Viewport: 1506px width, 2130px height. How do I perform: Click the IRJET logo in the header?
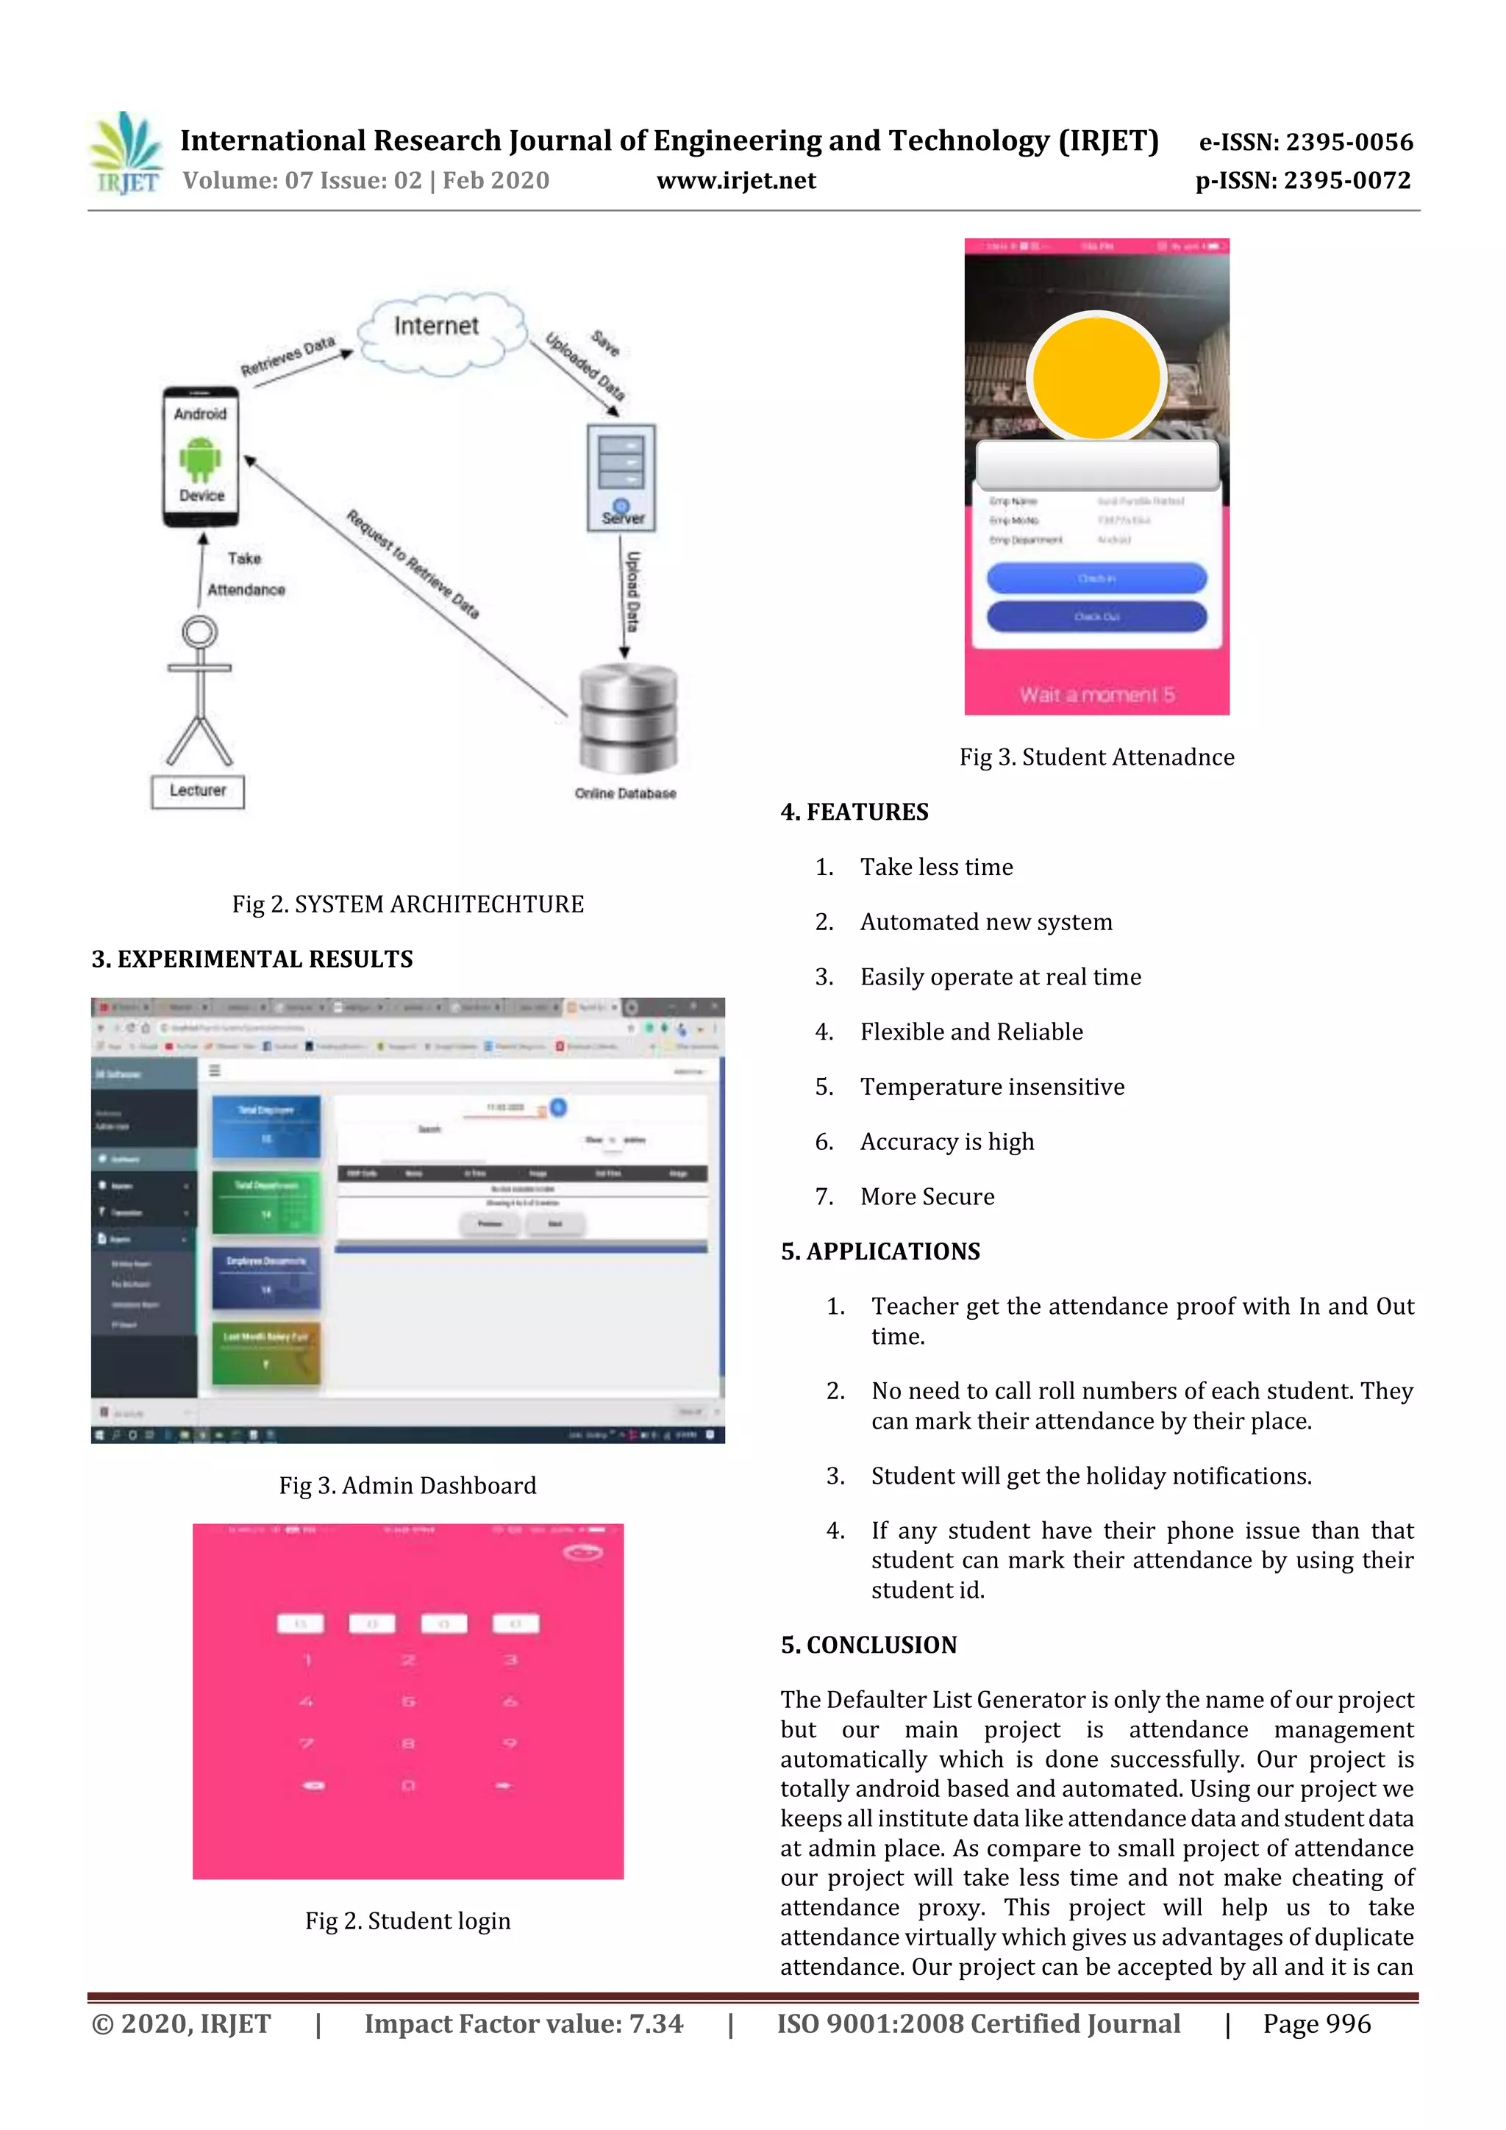point(127,154)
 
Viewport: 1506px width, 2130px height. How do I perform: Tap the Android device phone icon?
point(201,457)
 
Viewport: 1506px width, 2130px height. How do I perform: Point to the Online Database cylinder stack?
point(628,718)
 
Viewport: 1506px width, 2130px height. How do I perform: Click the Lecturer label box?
point(198,791)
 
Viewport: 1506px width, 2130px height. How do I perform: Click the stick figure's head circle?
point(199,633)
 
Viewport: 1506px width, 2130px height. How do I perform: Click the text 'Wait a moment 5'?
point(1097,695)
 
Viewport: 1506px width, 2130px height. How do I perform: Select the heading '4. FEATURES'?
point(854,812)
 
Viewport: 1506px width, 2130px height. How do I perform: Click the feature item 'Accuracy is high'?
point(946,1142)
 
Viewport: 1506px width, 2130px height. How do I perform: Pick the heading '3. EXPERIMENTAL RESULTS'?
point(251,959)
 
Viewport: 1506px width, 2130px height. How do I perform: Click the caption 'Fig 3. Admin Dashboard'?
point(407,1485)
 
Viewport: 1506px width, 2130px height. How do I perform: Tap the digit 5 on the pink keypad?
point(408,1701)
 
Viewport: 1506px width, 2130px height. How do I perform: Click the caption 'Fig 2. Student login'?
point(407,1920)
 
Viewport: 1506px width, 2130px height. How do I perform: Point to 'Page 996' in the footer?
point(1316,2023)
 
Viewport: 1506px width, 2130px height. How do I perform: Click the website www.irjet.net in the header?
point(736,181)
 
